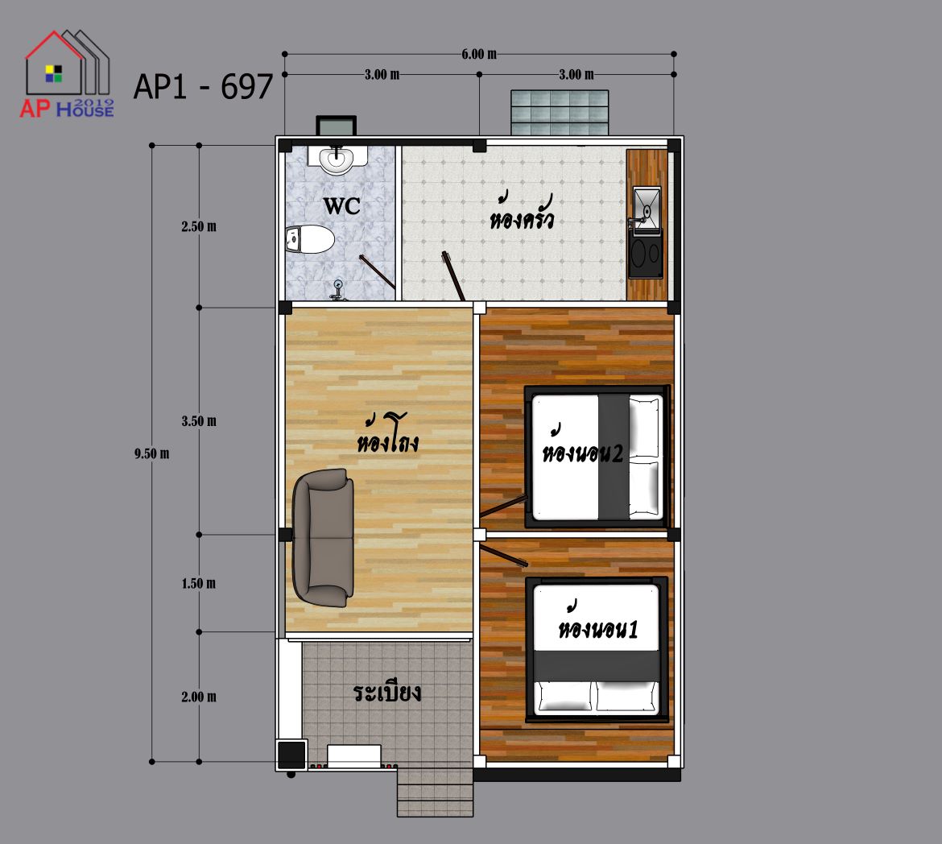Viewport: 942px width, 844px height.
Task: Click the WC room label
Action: tap(342, 206)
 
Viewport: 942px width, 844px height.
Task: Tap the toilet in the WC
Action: tap(309, 239)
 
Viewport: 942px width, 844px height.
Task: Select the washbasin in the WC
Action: tap(337, 159)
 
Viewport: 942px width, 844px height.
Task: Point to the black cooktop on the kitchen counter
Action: tap(646, 257)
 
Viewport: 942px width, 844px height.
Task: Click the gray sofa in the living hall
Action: tap(323, 537)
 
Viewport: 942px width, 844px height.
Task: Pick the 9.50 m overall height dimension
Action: tap(151, 454)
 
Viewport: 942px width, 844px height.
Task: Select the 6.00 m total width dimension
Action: tap(479, 54)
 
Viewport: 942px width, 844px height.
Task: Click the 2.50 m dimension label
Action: tap(199, 226)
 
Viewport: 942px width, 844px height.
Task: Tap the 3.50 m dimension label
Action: tap(199, 421)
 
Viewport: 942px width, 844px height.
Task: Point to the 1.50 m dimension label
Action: tap(199, 583)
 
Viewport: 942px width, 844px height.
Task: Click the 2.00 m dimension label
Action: tap(199, 697)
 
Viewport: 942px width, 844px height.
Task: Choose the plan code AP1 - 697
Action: tap(203, 86)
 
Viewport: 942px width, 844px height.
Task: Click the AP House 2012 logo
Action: tap(67, 73)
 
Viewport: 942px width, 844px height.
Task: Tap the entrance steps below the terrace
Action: tap(435, 792)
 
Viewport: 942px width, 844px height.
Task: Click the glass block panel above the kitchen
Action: tap(560, 113)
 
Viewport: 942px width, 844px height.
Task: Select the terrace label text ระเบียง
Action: tap(387, 693)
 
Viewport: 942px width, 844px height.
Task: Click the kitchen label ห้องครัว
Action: tap(521, 212)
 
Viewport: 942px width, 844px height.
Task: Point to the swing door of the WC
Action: tap(378, 272)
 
